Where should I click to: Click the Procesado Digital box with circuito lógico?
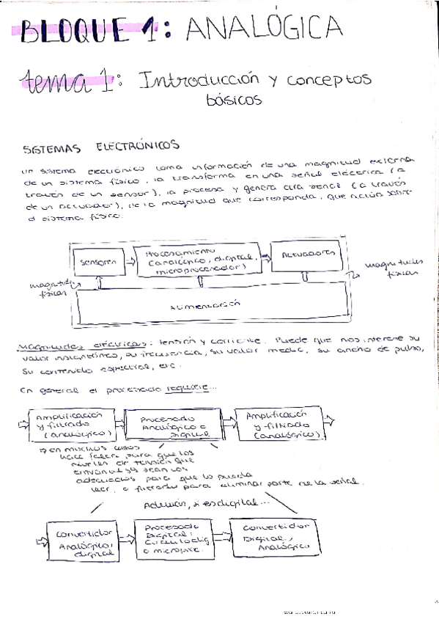[172, 539]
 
